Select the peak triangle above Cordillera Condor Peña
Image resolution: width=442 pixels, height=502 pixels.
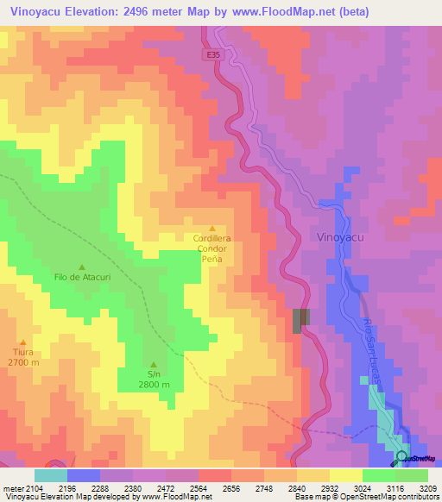(212, 228)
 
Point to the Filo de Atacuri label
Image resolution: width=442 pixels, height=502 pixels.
(83, 278)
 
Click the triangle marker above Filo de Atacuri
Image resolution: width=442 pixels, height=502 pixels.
(83, 267)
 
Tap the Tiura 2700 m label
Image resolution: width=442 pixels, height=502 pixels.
(24, 357)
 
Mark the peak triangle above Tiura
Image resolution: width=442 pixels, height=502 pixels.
(24, 342)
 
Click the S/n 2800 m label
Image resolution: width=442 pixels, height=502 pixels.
(154, 380)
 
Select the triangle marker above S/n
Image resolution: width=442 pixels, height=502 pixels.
(154, 364)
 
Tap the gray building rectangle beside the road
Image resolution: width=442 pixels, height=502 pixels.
(300, 320)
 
